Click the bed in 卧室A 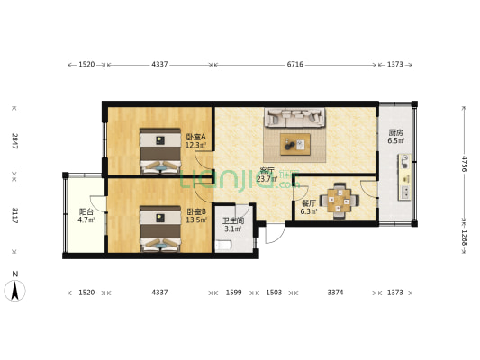click(x=160, y=151)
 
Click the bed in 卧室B click(x=160, y=229)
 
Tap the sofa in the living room click(x=294, y=118)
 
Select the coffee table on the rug click(x=295, y=144)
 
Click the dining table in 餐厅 click(x=339, y=201)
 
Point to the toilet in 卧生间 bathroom click(x=223, y=246)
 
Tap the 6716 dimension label click(x=294, y=64)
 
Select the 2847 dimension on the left click(x=14, y=141)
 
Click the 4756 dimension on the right click(x=465, y=164)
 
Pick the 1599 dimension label click(x=233, y=292)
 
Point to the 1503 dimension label click(x=274, y=292)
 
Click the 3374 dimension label click(x=335, y=292)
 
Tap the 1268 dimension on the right click(x=465, y=238)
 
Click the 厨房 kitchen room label click(x=396, y=132)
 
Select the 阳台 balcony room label click(x=86, y=211)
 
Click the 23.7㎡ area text click(x=267, y=179)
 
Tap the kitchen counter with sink click(x=404, y=177)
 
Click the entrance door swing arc click(x=276, y=235)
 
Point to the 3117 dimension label click(x=14, y=215)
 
